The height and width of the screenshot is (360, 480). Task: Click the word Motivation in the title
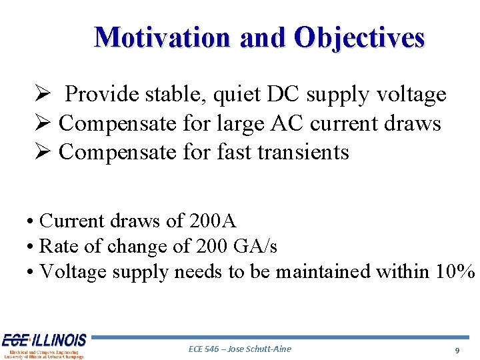pos(163,37)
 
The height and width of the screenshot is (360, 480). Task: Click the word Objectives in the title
pos(359,37)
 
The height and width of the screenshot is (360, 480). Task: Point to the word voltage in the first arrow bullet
pos(409,95)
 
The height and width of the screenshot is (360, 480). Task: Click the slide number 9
pos(457,350)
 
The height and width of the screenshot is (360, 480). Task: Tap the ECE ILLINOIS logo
pos(43,345)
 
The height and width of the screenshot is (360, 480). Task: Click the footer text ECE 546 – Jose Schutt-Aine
pos(240,349)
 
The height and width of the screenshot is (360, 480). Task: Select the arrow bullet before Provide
pos(41,95)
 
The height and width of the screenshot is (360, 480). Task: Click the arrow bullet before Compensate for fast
pos(41,152)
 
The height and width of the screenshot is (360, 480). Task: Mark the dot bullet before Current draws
pos(31,221)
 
